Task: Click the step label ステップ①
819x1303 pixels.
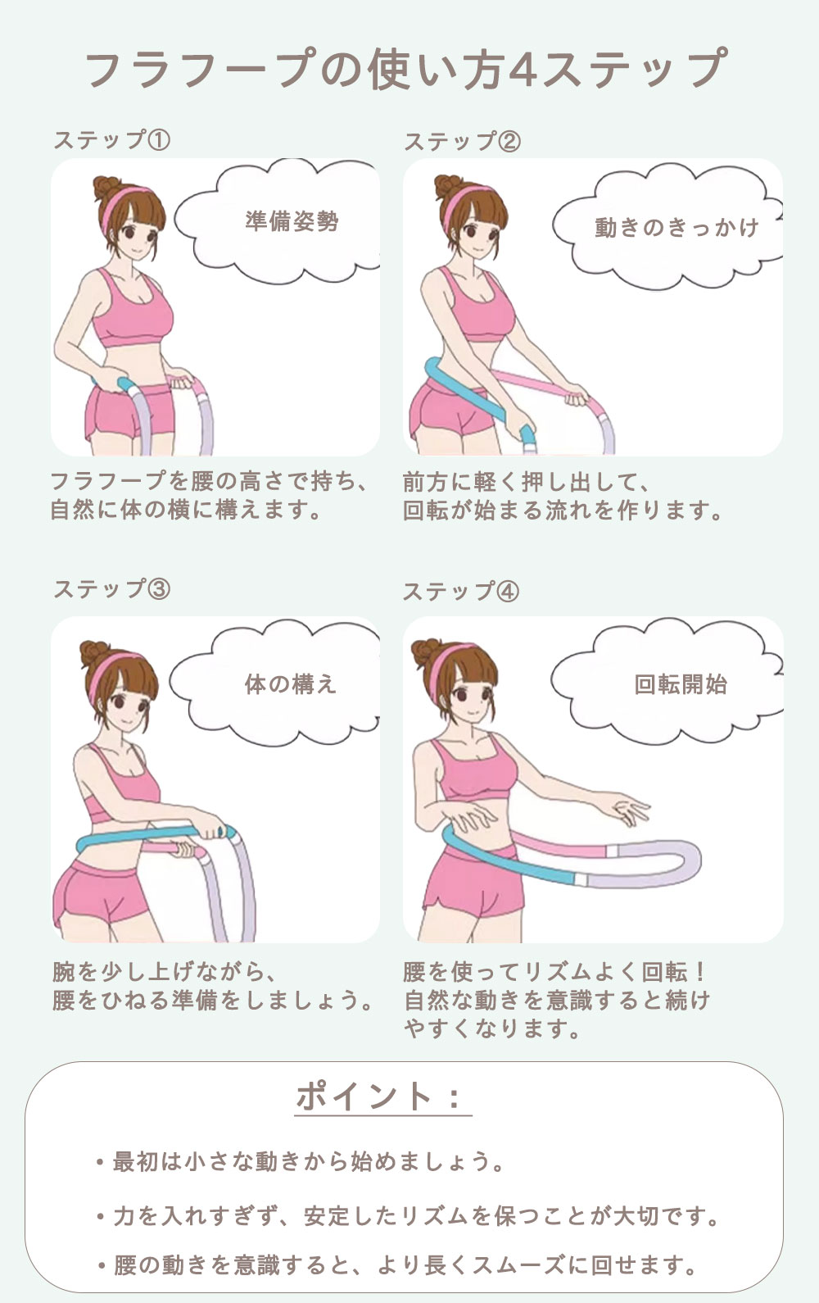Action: [112, 140]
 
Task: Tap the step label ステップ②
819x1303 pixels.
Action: [462, 141]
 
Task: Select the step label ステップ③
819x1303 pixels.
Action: [112, 589]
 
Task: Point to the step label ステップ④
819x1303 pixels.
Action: [461, 592]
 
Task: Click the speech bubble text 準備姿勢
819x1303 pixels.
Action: [292, 221]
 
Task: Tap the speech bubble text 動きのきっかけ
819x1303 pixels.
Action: [677, 228]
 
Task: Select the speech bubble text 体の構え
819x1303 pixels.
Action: [291, 684]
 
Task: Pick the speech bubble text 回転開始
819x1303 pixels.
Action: [681, 684]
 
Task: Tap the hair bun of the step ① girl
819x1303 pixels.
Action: [106, 188]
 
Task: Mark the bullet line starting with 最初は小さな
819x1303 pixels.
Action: [300, 1162]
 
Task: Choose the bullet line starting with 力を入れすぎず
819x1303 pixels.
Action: [408, 1216]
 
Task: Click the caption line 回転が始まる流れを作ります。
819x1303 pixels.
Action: [563, 511]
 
